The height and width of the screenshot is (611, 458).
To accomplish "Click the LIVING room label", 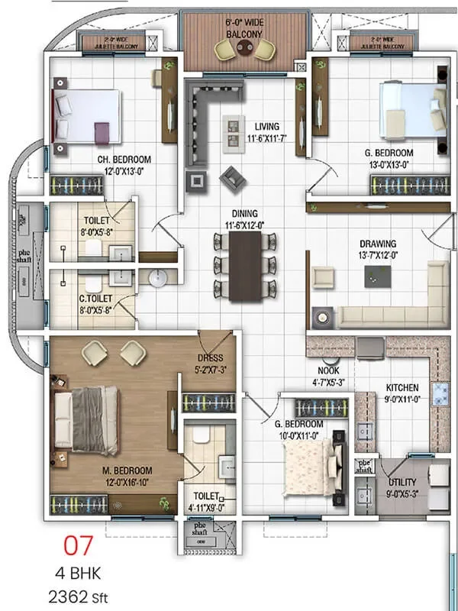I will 267,127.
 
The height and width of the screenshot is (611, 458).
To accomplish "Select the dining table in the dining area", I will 245,263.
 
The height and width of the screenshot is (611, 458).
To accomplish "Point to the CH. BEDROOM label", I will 124,160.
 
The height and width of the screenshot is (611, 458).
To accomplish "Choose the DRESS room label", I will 209,358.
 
